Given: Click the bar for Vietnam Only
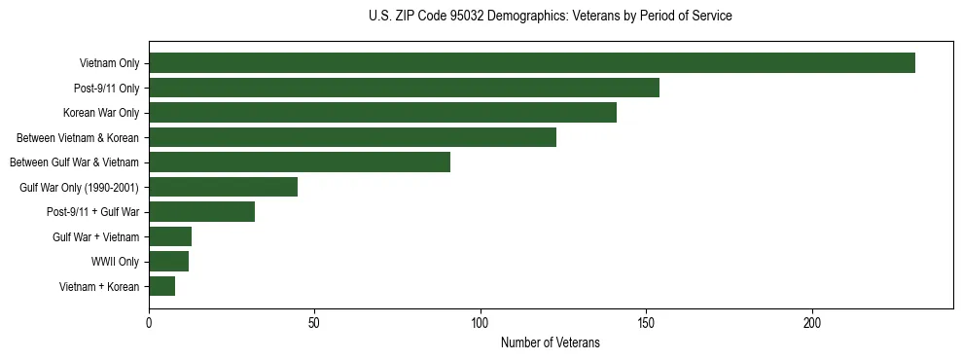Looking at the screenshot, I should click(x=532, y=63).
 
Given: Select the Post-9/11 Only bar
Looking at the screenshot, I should click(x=404, y=88).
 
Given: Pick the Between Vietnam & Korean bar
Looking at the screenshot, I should click(x=352, y=137).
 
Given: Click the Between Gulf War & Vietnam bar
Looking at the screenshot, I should click(x=300, y=162).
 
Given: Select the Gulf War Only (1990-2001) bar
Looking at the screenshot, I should click(x=223, y=187).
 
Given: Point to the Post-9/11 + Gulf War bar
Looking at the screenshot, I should click(x=201, y=211).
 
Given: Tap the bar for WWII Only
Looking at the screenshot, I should click(x=168, y=261).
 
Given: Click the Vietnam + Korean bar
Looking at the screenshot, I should click(x=161, y=286).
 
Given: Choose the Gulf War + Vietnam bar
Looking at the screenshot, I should click(x=170, y=236).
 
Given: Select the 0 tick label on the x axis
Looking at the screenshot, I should click(x=149, y=322).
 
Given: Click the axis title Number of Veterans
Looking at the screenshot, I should click(x=550, y=343).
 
